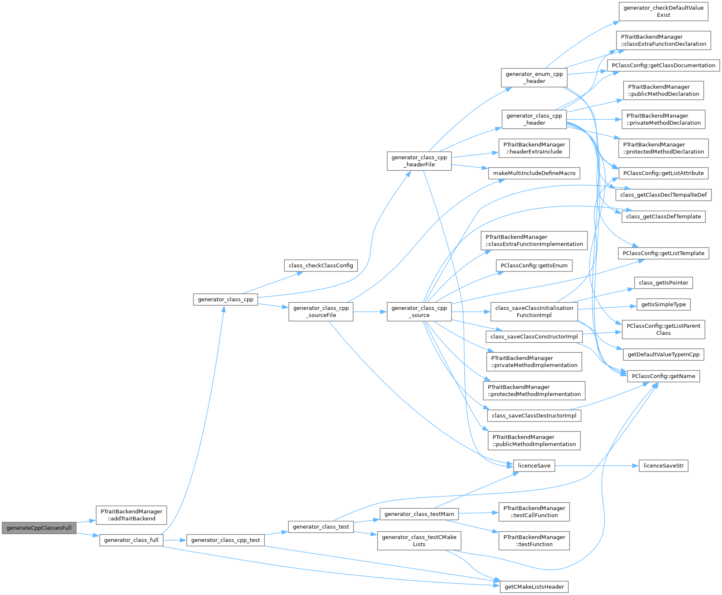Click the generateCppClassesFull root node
pos(39,528)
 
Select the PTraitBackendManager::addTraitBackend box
pos(131,515)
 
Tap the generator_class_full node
pos(131,540)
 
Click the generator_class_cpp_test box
pos(225,540)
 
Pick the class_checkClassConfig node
pos(321,266)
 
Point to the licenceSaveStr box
pos(663,466)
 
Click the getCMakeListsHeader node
pos(534,587)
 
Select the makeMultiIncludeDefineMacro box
pos(534,173)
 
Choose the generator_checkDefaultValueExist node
pos(663,11)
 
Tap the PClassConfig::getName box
pos(663,376)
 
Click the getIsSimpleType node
pos(663,304)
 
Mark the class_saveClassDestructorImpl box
pos(534,416)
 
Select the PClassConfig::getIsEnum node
pos(534,266)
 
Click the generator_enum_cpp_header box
pos(534,78)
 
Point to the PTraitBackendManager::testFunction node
pos(534,541)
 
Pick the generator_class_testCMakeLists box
pos(419,541)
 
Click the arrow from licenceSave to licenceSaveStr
pos(596,466)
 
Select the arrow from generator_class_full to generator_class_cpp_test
pos(174,540)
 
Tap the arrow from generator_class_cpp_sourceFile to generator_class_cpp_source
pos(370,312)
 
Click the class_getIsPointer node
pos(663,283)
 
